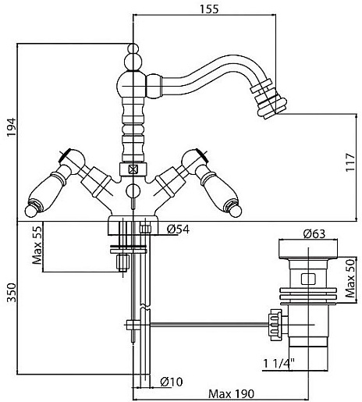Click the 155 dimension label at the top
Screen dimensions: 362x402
[209, 9]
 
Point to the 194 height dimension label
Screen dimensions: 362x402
[12, 127]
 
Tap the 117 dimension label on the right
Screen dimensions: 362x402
[350, 162]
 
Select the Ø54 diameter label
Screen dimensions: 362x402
[178, 229]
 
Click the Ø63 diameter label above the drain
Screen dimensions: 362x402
[314, 233]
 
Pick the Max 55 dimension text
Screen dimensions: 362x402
[37, 245]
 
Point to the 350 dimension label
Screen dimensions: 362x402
[12, 293]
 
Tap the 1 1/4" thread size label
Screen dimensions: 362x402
[279, 364]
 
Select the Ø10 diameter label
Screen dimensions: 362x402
[172, 382]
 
